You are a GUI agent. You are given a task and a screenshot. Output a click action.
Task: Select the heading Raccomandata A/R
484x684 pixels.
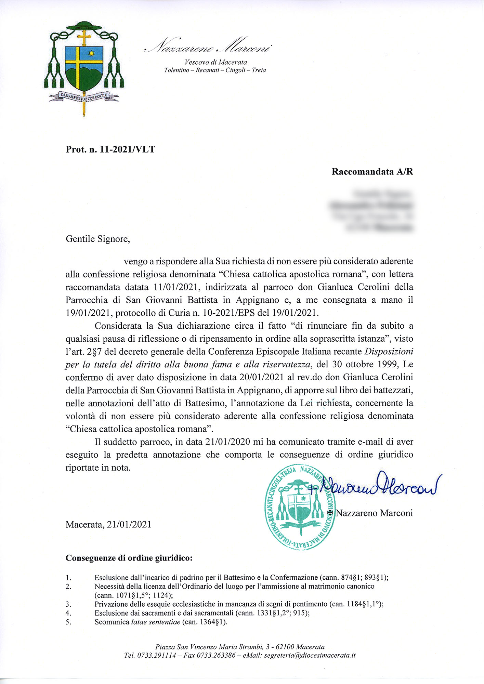pyautogui.click(x=372, y=172)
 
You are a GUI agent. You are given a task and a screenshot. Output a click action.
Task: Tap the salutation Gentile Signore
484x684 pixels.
pyautogui.click(x=97, y=239)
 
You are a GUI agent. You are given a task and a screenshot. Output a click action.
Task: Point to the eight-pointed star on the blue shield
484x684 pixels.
pyautogui.click(x=91, y=53)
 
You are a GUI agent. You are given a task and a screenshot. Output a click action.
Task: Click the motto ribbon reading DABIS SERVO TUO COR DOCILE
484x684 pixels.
pyautogui.click(x=84, y=96)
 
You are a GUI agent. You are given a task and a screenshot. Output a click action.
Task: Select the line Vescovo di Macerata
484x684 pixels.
pyautogui.click(x=215, y=62)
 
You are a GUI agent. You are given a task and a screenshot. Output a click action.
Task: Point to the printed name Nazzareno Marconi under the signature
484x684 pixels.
pyautogui.click(x=374, y=513)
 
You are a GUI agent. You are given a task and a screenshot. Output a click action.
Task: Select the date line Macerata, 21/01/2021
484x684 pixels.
pyautogui.click(x=108, y=524)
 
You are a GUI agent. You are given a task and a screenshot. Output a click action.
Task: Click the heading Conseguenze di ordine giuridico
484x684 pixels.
pyautogui.click(x=129, y=558)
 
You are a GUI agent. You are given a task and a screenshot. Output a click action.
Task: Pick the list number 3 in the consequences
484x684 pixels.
pyautogui.click(x=68, y=604)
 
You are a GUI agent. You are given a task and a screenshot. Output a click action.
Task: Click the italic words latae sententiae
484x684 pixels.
pyautogui.click(x=156, y=622)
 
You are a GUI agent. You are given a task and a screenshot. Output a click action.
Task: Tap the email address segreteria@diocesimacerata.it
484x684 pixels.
pyautogui.click(x=310, y=656)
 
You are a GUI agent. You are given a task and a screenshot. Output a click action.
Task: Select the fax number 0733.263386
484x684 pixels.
pyautogui.click(x=216, y=656)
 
